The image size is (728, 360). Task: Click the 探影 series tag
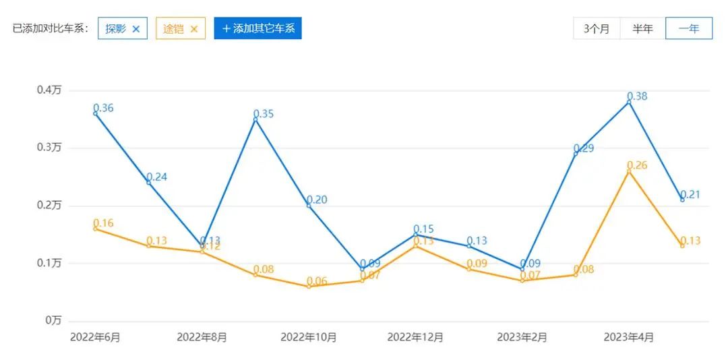(x=115, y=29)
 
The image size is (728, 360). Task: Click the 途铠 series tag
(x=173, y=29)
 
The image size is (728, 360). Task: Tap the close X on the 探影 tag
(x=136, y=29)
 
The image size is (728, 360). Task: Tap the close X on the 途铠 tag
(x=194, y=29)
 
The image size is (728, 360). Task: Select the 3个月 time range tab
(x=597, y=29)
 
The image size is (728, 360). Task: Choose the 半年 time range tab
(x=642, y=29)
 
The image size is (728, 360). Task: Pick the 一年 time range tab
(x=688, y=29)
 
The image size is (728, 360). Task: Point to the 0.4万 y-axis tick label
(x=49, y=90)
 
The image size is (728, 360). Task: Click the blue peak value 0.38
(x=637, y=96)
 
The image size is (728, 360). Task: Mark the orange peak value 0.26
(x=637, y=165)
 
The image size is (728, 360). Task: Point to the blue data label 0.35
(x=264, y=114)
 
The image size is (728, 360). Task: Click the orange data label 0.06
(x=317, y=281)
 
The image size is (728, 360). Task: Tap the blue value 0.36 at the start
(x=103, y=108)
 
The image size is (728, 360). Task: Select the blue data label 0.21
(x=690, y=195)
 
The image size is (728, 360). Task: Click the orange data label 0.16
(x=103, y=223)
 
